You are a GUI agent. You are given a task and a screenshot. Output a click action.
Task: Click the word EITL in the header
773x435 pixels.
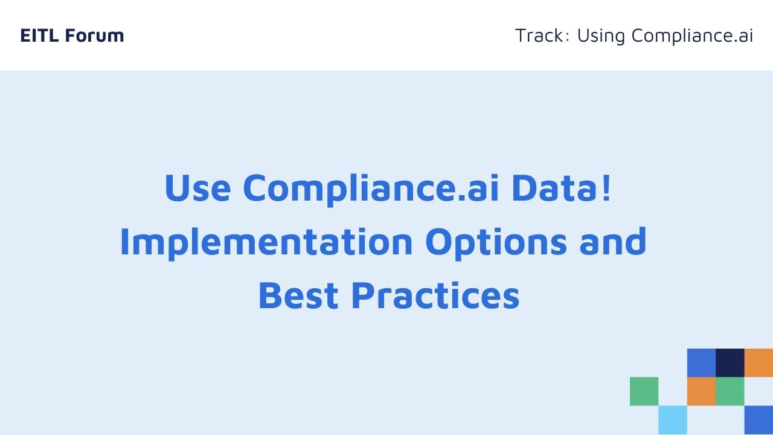tap(39, 36)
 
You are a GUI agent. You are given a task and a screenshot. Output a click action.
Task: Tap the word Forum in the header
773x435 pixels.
tap(94, 36)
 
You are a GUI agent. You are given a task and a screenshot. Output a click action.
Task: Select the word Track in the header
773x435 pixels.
tap(539, 36)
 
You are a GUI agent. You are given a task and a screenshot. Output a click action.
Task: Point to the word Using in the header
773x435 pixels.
tap(601, 36)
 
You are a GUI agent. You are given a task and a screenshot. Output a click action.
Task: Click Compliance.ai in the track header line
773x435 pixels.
tap(692, 36)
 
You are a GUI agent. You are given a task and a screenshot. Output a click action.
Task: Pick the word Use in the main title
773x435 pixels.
tap(197, 188)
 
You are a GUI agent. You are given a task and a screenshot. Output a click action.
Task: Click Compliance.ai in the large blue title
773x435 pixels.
tap(371, 189)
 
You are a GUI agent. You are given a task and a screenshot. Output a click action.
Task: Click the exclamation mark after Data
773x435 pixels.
tap(606, 187)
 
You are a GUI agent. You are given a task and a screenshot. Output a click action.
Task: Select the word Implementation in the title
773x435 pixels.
tap(266, 243)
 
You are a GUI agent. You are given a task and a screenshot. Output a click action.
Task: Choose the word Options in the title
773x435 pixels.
tap(496, 243)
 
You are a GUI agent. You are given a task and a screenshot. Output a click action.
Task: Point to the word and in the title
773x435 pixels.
tap(612, 241)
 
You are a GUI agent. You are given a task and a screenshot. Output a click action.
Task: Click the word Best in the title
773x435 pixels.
tap(298, 295)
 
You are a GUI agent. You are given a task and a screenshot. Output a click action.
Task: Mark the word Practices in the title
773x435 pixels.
tap(435, 295)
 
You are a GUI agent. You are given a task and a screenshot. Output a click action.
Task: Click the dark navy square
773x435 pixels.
tap(730, 363)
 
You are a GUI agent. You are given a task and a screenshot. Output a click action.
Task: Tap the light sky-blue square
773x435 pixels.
tap(673, 420)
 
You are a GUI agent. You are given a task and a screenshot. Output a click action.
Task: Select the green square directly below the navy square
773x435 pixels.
tap(730, 391)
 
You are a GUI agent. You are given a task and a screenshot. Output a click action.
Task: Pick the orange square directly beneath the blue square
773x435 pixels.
tap(701, 391)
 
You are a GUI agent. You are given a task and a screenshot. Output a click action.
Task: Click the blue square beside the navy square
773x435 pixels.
tap(701, 363)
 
